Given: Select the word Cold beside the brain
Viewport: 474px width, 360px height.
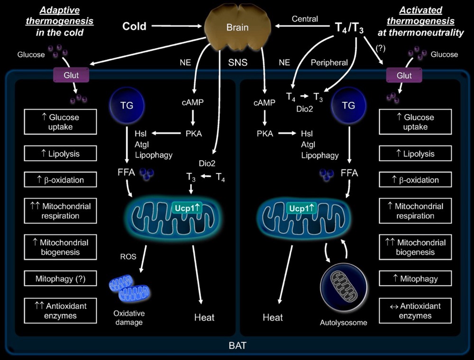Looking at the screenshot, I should pyautogui.click(x=135, y=27).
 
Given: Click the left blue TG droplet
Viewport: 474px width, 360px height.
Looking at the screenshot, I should pyautogui.click(x=127, y=106).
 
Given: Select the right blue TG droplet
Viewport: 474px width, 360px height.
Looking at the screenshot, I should pyautogui.click(x=348, y=106).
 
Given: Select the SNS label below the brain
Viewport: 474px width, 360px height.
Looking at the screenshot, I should pyautogui.click(x=237, y=62).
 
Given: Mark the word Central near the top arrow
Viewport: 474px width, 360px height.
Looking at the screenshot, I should pyautogui.click(x=305, y=19).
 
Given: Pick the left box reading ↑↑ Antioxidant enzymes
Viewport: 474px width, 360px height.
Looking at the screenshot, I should pyautogui.click(x=60, y=310).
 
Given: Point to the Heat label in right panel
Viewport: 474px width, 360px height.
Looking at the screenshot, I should pyautogui.click(x=273, y=317).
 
